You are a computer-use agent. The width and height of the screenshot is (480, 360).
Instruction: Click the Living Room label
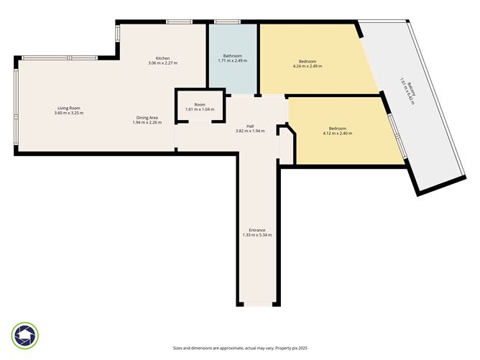point(69,109)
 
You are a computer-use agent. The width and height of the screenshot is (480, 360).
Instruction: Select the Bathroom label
point(232,56)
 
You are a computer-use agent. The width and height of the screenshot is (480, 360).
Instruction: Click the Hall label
point(250,126)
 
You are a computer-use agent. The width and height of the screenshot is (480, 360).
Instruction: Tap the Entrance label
point(257,230)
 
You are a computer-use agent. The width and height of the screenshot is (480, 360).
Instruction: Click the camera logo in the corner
point(25,335)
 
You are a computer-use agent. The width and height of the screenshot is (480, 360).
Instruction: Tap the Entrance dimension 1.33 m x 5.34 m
point(257,235)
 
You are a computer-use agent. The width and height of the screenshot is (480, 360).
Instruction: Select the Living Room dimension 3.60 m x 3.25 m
point(69,114)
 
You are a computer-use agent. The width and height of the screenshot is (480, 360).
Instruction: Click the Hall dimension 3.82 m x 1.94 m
point(250,131)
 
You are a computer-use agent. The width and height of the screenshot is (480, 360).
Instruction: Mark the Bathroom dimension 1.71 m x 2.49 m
point(232,61)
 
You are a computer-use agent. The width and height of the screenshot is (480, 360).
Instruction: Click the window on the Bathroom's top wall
point(227,22)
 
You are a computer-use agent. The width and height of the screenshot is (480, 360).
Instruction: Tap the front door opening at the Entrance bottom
point(257,305)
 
